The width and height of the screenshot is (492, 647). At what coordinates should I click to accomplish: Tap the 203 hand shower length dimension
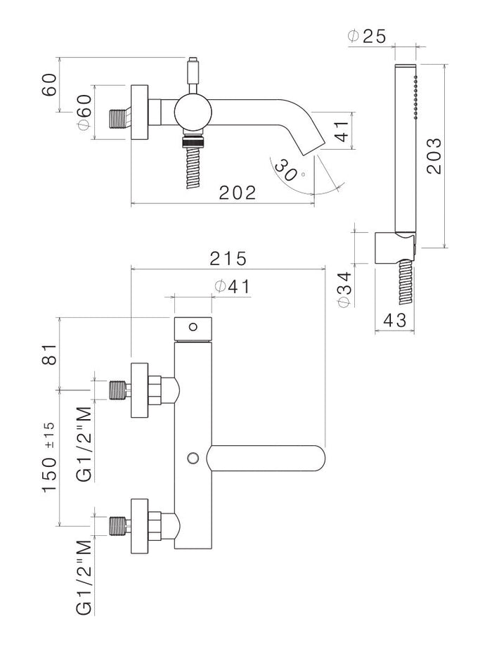pyautogui.click(x=434, y=155)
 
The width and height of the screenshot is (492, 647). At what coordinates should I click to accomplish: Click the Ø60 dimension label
pyautogui.click(x=82, y=113)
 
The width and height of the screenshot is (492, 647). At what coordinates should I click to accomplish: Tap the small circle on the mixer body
pyautogui.click(x=192, y=459)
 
